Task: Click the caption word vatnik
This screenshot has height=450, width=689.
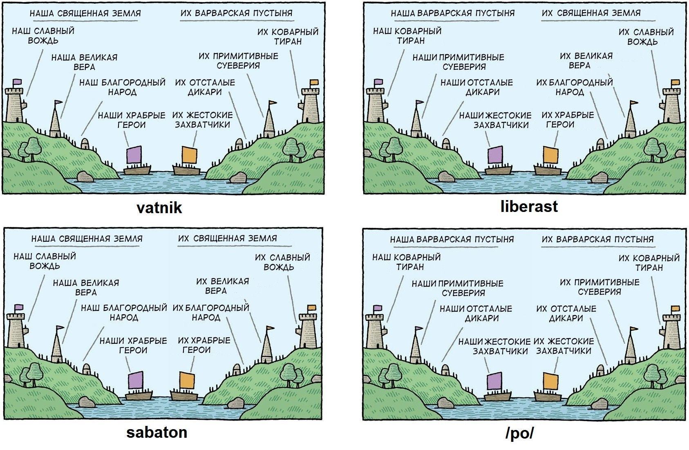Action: point(159,208)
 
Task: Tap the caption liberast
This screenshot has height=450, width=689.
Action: point(529,206)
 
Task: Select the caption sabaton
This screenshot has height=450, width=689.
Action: point(157,432)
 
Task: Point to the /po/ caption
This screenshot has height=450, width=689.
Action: point(519,433)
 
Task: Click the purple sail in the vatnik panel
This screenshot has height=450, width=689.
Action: point(134,155)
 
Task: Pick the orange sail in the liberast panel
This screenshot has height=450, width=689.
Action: point(550,155)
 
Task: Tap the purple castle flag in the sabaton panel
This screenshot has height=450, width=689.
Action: point(19,307)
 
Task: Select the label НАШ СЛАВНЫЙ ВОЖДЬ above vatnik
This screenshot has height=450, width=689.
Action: point(43,36)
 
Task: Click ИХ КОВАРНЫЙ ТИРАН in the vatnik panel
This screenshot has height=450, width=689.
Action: point(288,37)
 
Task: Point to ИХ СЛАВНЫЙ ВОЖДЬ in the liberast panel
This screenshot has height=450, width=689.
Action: point(646,37)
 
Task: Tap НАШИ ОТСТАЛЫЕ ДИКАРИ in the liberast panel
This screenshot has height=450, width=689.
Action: point(477,87)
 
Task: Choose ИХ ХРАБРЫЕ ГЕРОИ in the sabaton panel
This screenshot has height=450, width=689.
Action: point(204,345)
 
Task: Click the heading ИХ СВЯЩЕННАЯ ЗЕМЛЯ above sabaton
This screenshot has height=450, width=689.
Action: point(227,238)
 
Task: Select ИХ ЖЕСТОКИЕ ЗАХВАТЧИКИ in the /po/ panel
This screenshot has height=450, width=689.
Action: point(564,346)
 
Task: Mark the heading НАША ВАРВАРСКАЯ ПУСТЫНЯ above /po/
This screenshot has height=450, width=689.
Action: point(452,239)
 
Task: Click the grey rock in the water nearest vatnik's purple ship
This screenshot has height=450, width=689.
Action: point(85,176)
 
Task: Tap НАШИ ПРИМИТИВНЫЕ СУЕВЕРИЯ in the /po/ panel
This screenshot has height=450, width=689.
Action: point(458,288)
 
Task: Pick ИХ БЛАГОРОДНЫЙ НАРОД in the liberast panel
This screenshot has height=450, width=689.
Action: point(575,87)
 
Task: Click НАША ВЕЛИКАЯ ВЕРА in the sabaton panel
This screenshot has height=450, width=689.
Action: point(86,287)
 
